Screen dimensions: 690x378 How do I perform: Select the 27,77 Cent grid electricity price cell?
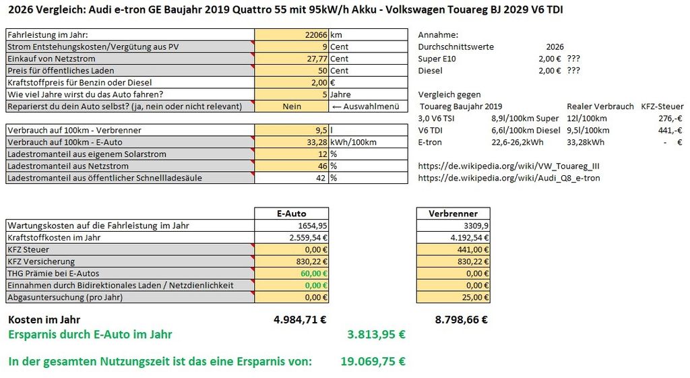point(291,59)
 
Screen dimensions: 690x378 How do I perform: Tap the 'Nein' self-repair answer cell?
point(291,106)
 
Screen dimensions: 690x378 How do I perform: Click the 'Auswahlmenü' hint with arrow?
point(366,106)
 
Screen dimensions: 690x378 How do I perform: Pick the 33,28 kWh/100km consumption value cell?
point(291,142)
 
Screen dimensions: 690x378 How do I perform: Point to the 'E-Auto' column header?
point(291,214)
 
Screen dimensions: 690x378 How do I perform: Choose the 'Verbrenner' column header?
point(453,214)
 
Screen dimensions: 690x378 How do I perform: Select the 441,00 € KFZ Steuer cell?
point(453,249)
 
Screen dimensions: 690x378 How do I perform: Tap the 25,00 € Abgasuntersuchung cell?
point(453,297)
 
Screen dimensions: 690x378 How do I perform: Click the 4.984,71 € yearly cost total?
point(300,320)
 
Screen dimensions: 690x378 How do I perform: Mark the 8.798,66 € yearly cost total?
point(462,320)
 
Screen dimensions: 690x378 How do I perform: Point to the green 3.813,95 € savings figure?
point(376,334)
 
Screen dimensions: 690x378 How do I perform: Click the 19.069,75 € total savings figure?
point(373,362)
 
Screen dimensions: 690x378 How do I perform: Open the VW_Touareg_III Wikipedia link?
point(509,166)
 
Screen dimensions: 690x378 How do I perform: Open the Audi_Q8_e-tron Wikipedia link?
point(509,178)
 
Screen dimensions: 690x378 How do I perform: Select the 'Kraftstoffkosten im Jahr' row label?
point(54,238)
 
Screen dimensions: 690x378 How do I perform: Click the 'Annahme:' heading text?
point(438,35)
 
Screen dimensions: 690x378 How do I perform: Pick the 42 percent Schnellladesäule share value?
point(321,178)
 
